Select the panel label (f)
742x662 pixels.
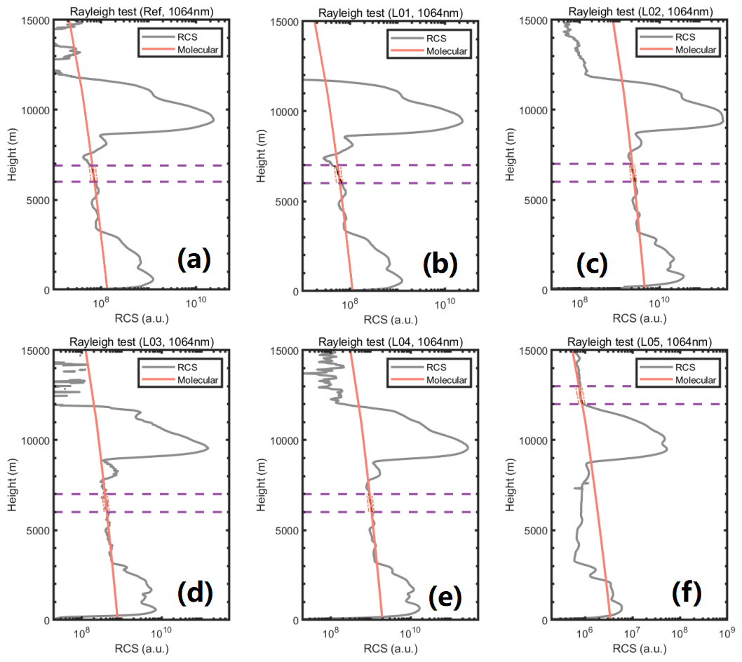[x=689, y=593]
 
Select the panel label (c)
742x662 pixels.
[x=591, y=263]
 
